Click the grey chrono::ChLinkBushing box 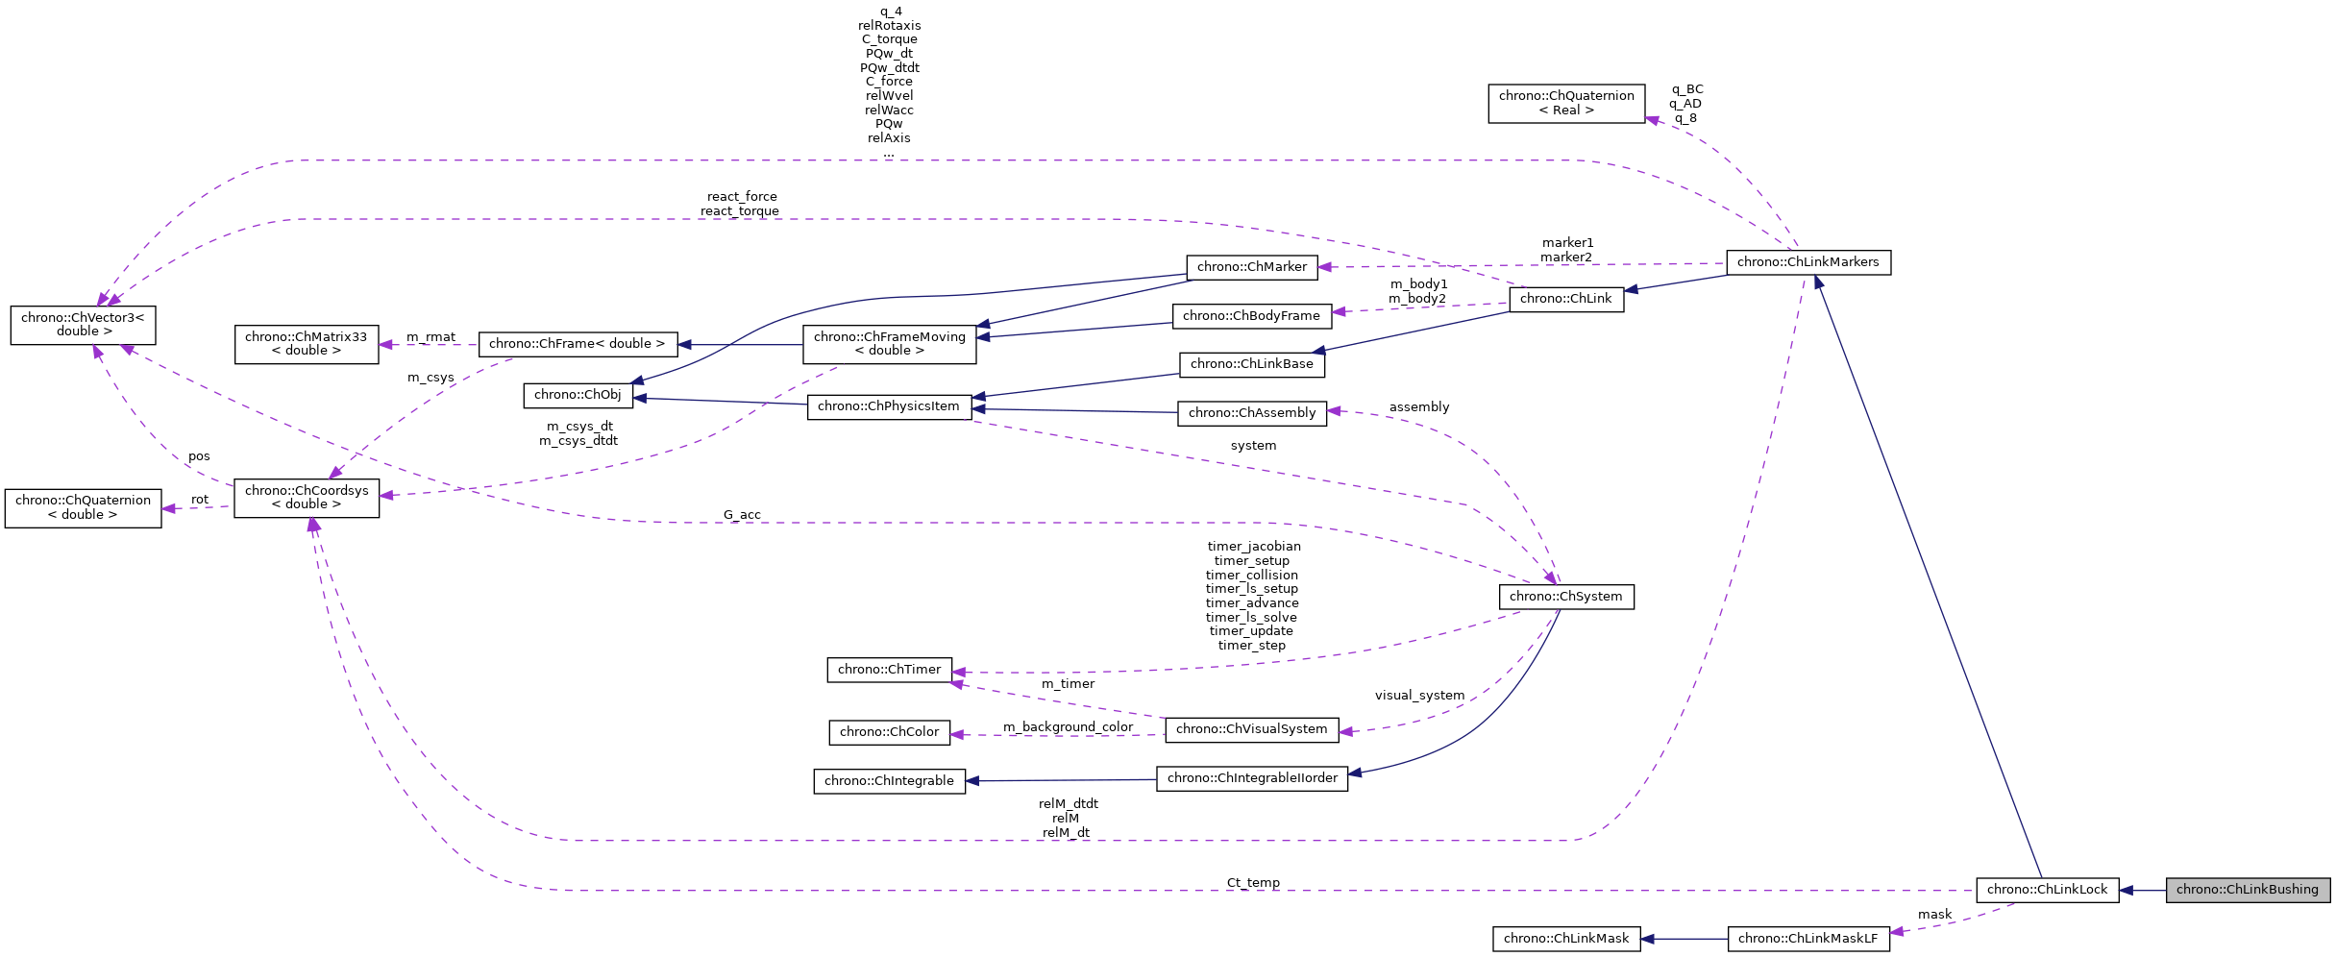pos(2247,890)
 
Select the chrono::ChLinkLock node pos(2047,890)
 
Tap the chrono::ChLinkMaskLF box pos(1807,939)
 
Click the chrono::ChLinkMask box pos(1565,939)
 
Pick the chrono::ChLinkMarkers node pos(1807,262)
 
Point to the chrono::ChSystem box pos(1565,597)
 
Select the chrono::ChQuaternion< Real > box pos(1565,103)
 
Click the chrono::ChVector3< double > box pos(83,325)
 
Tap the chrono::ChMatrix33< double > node pos(306,344)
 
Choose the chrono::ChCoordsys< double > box pos(306,498)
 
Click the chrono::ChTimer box pos(889,670)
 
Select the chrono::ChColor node pos(889,732)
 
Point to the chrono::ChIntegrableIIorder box pos(1251,778)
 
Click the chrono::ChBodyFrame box pos(1251,316)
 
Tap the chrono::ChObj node pos(578,395)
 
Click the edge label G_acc pos(742,515)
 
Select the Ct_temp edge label pos(1253,883)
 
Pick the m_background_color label pos(1068,727)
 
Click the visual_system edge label pos(1419,696)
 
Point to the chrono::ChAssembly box pos(1251,413)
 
